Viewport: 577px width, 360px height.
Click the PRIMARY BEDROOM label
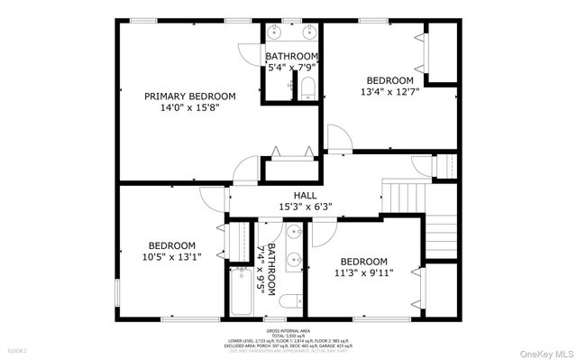190,96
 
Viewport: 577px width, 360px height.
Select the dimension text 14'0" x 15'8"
190,107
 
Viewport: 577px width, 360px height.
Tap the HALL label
304,195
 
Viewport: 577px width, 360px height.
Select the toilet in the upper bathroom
307,88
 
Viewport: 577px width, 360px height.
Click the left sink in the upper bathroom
276,34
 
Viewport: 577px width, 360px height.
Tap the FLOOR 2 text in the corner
18,349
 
